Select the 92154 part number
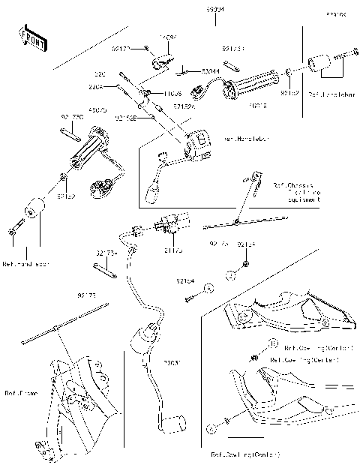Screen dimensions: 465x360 point(185,280)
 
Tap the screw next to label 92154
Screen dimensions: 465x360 point(191,298)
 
